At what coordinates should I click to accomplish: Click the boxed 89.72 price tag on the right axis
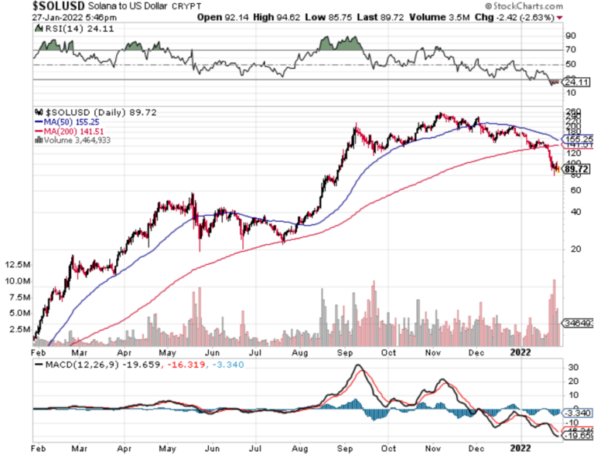point(577,168)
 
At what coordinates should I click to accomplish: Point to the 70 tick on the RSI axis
point(570,50)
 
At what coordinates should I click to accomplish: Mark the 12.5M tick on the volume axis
point(16,264)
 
